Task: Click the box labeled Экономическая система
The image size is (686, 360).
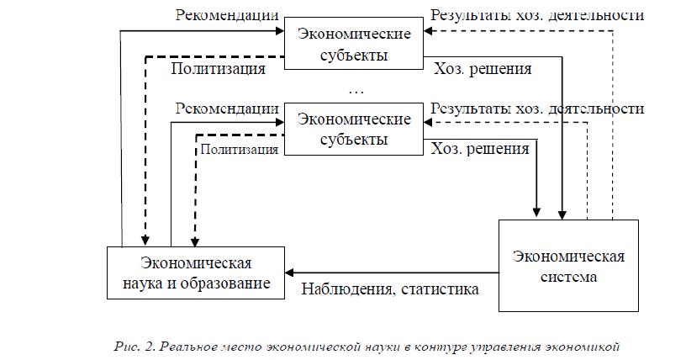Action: (568, 266)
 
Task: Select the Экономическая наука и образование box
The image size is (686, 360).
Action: (196, 273)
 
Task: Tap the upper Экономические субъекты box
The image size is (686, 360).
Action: (354, 44)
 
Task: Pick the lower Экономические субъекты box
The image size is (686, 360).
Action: (354, 129)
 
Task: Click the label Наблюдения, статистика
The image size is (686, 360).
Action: (390, 289)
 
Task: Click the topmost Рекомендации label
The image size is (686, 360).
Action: (227, 15)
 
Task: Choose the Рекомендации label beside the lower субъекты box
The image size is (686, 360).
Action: (227, 109)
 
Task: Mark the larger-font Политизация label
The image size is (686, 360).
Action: (218, 69)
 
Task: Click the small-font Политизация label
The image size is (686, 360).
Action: (240, 150)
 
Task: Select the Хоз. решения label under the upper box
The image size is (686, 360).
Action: (483, 69)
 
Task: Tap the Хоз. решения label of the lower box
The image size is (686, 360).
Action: (480, 149)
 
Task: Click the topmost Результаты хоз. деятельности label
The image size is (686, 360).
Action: (537, 15)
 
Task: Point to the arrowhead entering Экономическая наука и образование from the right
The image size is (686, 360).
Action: (289, 273)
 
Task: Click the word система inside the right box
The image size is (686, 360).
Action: (569, 277)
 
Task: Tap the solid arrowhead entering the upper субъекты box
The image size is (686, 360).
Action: (280, 30)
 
